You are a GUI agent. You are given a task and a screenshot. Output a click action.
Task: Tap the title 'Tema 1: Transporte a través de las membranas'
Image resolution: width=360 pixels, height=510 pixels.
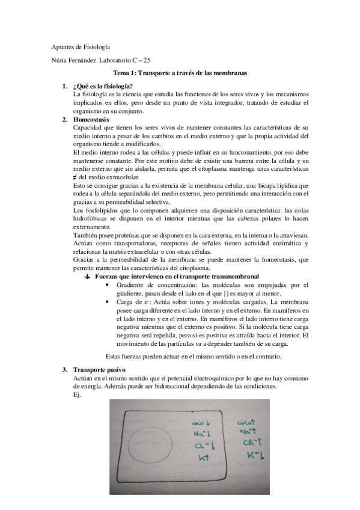coord(182,73)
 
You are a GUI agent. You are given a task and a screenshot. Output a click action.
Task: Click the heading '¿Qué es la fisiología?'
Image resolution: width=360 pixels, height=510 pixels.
coord(102,87)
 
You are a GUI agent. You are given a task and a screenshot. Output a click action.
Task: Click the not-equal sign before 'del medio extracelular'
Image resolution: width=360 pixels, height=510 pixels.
coord(75,178)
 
